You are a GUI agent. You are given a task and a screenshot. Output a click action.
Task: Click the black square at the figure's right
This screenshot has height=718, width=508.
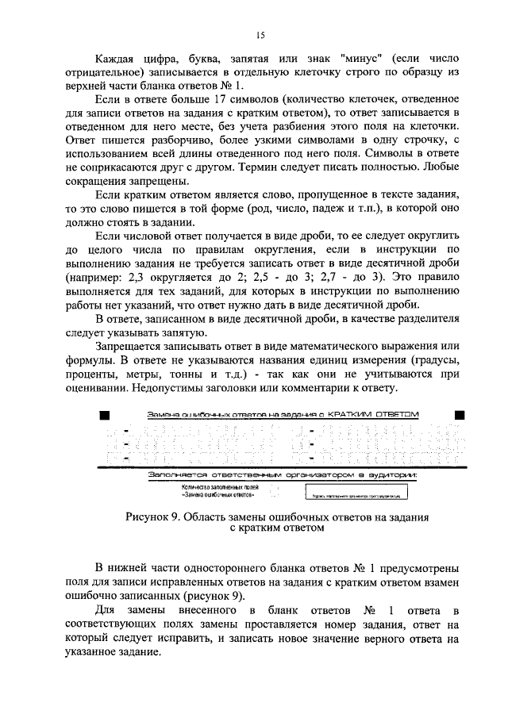pos(458,416)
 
